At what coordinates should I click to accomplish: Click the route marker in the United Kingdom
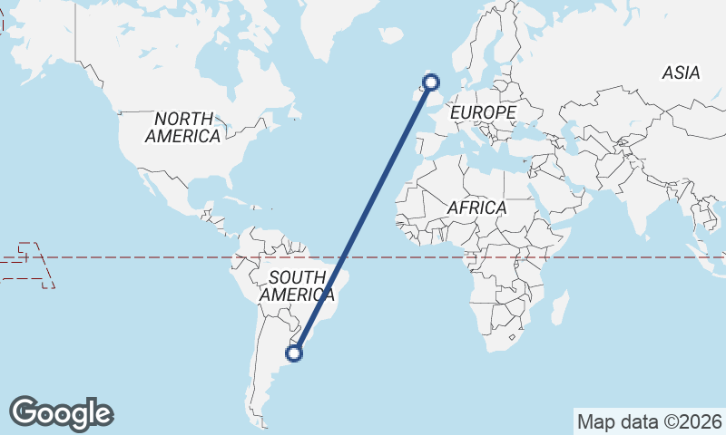[431, 82]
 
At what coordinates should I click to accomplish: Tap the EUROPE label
[483, 111]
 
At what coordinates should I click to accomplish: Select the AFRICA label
[476, 208]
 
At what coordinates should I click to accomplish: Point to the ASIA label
[681, 73]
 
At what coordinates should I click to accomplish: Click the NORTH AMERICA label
[183, 127]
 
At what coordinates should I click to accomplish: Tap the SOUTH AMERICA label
[297, 285]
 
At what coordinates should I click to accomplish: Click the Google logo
[61, 413]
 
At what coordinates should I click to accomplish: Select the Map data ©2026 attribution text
[649, 421]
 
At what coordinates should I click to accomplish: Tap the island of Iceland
[391, 35]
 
